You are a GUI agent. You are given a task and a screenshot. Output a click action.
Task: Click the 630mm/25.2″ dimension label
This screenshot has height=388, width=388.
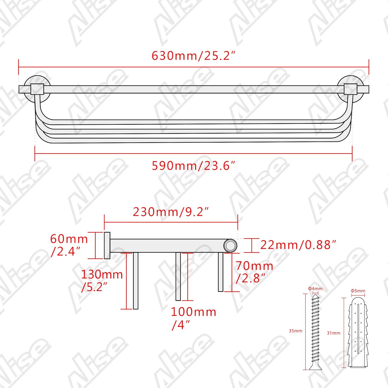pyautogui.click(x=193, y=56)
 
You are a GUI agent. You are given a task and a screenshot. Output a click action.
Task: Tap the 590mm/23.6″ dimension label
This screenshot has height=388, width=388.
pyautogui.click(x=193, y=166)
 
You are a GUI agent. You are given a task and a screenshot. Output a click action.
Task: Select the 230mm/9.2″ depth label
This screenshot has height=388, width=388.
pyautogui.click(x=171, y=212)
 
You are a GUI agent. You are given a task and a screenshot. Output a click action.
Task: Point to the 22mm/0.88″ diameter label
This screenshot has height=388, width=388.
pyautogui.click(x=298, y=245)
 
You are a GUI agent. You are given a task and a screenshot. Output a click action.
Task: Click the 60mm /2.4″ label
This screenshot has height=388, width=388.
pyautogui.click(x=69, y=245)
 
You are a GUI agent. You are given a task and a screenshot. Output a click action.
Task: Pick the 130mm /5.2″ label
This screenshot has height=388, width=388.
pyautogui.click(x=102, y=280)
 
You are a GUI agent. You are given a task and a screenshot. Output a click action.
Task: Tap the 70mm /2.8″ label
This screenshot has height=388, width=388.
pyautogui.click(x=254, y=272)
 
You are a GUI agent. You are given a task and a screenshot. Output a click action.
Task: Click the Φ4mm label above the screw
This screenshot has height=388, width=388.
pyautogui.click(x=315, y=289)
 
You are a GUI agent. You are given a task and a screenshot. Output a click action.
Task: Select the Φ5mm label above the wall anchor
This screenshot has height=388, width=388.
pyautogui.click(x=358, y=291)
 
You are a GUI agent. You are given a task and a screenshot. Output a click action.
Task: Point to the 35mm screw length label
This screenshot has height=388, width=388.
pyautogui.click(x=295, y=331)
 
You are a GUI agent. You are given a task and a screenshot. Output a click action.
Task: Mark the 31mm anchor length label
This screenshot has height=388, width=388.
pyautogui.click(x=333, y=333)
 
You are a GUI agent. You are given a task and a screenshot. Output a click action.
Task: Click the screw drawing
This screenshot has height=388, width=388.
pyautogui.click(x=316, y=331)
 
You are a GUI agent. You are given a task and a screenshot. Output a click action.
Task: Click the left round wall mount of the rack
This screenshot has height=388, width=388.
pyautogui.click(x=37, y=89)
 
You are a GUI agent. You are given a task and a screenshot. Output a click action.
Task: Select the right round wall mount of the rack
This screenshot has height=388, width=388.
pyautogui.click(x=350, y=89)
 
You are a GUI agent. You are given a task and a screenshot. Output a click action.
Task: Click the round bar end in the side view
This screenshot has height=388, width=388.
pyautogui.click(x=230, y=245)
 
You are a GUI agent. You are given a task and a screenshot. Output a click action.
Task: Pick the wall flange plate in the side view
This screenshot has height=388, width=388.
pyautogui.click(x=107, y=245)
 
